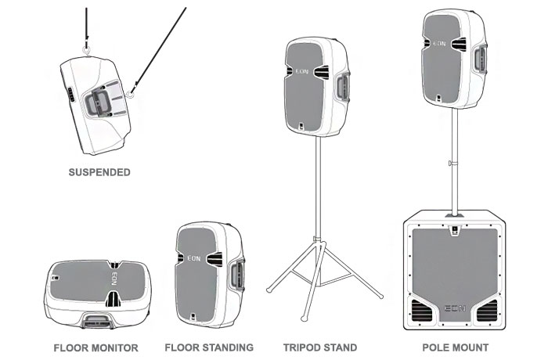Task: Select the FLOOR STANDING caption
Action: pyautogui.click(x=209, y=347)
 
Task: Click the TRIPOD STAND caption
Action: pyautogui.click(x=321, y=347)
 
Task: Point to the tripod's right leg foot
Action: pyautogui.click(x=381, y=297)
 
